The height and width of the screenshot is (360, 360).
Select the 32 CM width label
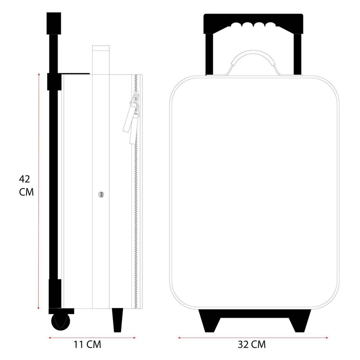coord(252,345)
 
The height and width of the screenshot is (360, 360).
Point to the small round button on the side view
coord(101,194)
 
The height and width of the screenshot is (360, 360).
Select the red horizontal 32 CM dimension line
coord(253,336)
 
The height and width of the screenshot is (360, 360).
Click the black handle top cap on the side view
coord(54,22)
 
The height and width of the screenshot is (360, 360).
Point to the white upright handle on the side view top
coord(100,58)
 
